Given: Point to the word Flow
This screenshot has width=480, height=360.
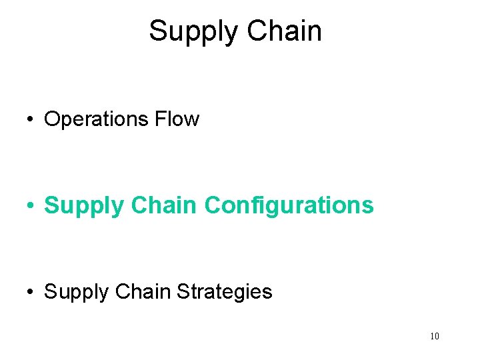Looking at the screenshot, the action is [x=177, y=119].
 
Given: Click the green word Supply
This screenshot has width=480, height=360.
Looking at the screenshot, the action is [x=84, y=206].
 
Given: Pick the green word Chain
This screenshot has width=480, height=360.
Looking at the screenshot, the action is [x=165, y=205].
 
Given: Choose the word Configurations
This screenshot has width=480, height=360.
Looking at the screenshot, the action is [x=289, y=206].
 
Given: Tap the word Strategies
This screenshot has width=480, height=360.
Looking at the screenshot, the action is [x=224, y=292].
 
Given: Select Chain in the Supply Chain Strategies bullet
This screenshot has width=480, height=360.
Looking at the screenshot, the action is [x=146, y=291].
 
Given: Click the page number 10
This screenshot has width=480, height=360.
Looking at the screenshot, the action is [x=434, y=336].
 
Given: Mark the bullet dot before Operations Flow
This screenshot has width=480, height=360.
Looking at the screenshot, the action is [x=31, y=120].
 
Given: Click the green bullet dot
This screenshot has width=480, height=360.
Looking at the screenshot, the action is [x=31, y=206].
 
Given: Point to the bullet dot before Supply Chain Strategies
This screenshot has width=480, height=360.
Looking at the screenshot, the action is [x=31, y=292].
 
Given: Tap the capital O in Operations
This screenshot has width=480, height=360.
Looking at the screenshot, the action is [x=53, y=119].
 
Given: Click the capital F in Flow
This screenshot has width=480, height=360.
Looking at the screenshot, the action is [x=159, y=119].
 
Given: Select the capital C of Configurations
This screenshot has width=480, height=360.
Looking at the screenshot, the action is [x=213, y=205].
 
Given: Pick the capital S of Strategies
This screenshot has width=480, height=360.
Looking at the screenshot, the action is [x=183, y=291].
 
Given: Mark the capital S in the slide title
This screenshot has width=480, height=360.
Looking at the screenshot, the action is [x=158, y=31].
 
